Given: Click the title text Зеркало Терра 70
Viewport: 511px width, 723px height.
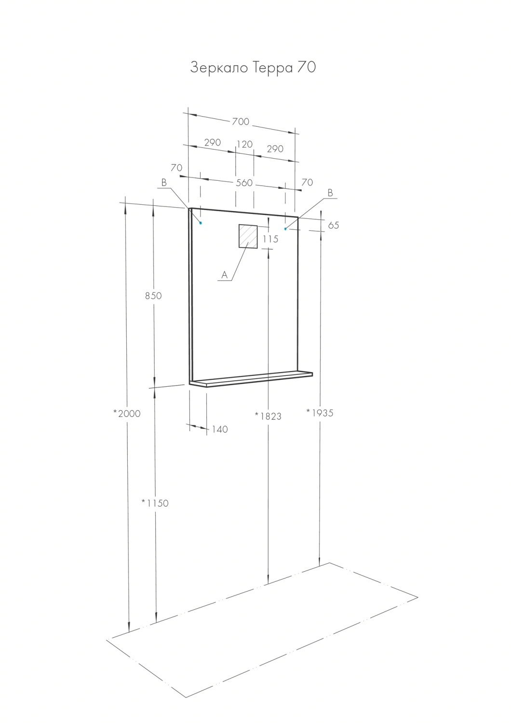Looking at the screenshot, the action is tap(253, 68).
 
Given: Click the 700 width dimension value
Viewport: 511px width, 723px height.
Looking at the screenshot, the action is tap(241, 121).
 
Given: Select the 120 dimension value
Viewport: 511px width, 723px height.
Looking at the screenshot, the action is tap(244, 144).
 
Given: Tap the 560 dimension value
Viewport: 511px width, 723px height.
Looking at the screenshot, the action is tap(244, 183).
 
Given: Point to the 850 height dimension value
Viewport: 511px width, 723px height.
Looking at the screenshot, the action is tap(153, 295).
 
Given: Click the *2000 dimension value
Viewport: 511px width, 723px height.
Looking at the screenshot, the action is tap(127, 414).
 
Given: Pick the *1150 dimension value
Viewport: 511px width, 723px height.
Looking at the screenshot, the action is tap(155, 503).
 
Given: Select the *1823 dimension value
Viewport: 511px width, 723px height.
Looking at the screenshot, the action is tap(268, 416).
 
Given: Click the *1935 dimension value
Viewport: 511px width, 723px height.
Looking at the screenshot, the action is tap(320, 413).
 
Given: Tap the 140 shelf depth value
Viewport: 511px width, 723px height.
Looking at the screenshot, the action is tap(220, 429).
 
